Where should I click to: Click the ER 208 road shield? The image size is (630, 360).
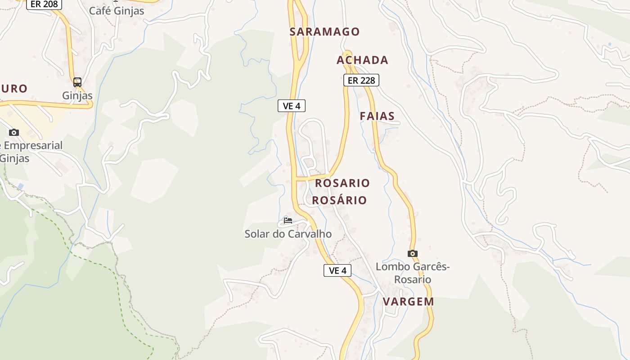click(44, 4)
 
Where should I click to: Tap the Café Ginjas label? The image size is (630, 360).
click(117, 11)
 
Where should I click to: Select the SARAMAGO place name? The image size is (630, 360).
click(324, 31)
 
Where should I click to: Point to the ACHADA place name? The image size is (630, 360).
click(362, 60)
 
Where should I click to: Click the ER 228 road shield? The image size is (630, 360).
click(361, 80)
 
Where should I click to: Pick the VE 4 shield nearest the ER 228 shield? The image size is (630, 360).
click(292, 106)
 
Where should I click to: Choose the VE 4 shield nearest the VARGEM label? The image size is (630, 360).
click(337, 270)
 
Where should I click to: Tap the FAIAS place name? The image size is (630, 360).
click(377, 116)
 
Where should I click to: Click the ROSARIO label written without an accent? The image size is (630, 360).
click(342, 183)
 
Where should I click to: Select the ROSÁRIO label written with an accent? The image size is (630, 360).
click(340, 200)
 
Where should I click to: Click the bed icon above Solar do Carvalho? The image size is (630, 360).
click(288, 220)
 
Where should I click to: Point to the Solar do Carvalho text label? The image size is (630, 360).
click(288, 234)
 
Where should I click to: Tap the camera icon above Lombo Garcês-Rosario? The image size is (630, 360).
click(413, 253)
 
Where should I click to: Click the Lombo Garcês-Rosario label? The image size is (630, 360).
click(413, 273)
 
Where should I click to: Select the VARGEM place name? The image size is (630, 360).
click(409, 301)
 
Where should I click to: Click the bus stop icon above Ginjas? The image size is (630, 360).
click(77, 82)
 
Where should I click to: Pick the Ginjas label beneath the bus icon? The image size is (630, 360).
click(77, 95)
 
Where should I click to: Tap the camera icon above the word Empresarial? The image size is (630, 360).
click(14, 132)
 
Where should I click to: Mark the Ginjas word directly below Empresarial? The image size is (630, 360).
click(15, 158)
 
